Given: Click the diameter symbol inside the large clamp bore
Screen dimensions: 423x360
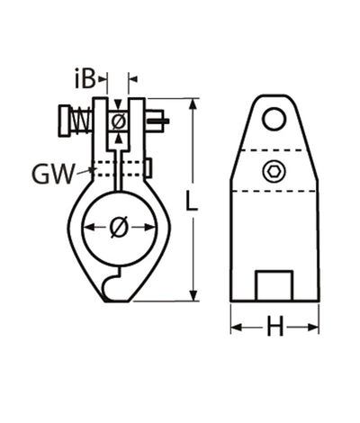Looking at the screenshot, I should pos(118,228).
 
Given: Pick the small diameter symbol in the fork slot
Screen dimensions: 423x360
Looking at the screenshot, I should pos(118,121).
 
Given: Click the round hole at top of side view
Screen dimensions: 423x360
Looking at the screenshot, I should pos(275,118).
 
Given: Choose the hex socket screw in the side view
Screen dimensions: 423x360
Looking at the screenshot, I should pos(274,171).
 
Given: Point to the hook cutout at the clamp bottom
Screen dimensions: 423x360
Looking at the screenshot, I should pos(111,289).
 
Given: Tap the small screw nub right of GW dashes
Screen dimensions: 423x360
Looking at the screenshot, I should pos(148,167).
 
